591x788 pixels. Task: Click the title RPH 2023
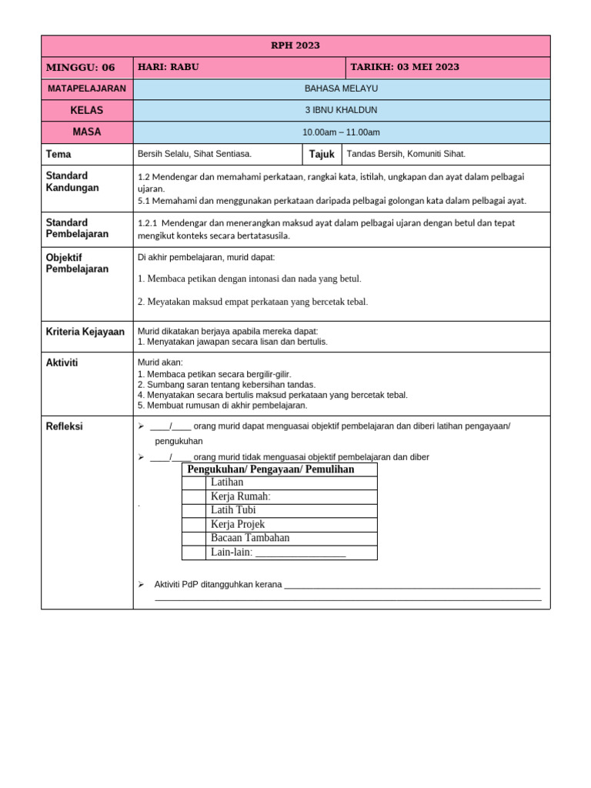295,45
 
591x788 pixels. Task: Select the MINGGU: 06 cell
81,67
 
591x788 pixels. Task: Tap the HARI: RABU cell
168,67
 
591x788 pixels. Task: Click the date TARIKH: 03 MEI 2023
405,67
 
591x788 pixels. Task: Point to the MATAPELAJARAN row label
87,88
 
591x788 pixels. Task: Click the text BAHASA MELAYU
341,88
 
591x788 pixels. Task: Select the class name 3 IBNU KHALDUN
341,110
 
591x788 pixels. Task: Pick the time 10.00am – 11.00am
341,132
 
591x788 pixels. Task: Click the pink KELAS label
87,110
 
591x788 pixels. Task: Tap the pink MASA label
87,132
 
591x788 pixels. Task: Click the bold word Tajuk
322,154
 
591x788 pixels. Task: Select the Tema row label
58,154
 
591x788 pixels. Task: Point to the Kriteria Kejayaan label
85,332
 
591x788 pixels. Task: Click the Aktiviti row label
62,362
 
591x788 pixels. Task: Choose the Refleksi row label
64,426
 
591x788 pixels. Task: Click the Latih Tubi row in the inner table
233,510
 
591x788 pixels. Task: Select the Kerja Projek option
237,524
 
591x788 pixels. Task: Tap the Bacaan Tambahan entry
249,538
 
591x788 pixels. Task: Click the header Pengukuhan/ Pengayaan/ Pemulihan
271,469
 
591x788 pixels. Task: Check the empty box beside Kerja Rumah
194,496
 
